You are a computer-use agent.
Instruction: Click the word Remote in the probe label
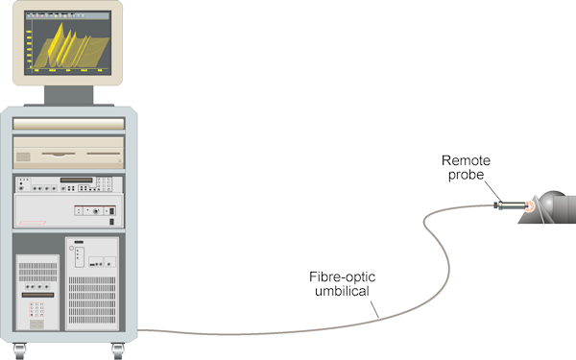(466, 160)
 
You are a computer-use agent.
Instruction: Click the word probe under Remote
(466, 175)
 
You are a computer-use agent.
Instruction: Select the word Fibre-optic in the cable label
(342, 277)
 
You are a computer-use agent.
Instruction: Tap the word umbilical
(342, 291)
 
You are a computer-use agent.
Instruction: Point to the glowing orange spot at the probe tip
(529, 206)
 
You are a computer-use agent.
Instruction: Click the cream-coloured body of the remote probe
(514, 205)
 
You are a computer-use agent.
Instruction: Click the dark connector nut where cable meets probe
(498, 205)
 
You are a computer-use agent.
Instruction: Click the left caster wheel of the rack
(19, 351)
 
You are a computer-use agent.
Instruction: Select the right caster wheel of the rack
(117, 351)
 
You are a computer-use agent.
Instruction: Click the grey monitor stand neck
(69, 95)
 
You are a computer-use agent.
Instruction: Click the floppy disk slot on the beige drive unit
(59, 155)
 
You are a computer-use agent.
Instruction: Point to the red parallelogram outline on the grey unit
(33, 223)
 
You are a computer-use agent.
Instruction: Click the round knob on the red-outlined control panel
(96, 211)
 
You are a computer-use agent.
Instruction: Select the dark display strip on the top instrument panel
(77, 180)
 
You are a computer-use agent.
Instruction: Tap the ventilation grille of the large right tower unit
(92, 300)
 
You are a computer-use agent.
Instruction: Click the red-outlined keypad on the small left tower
(36, 309)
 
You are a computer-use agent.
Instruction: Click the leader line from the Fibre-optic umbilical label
(374, 309)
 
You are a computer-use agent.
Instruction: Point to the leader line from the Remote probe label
(492, 191)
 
